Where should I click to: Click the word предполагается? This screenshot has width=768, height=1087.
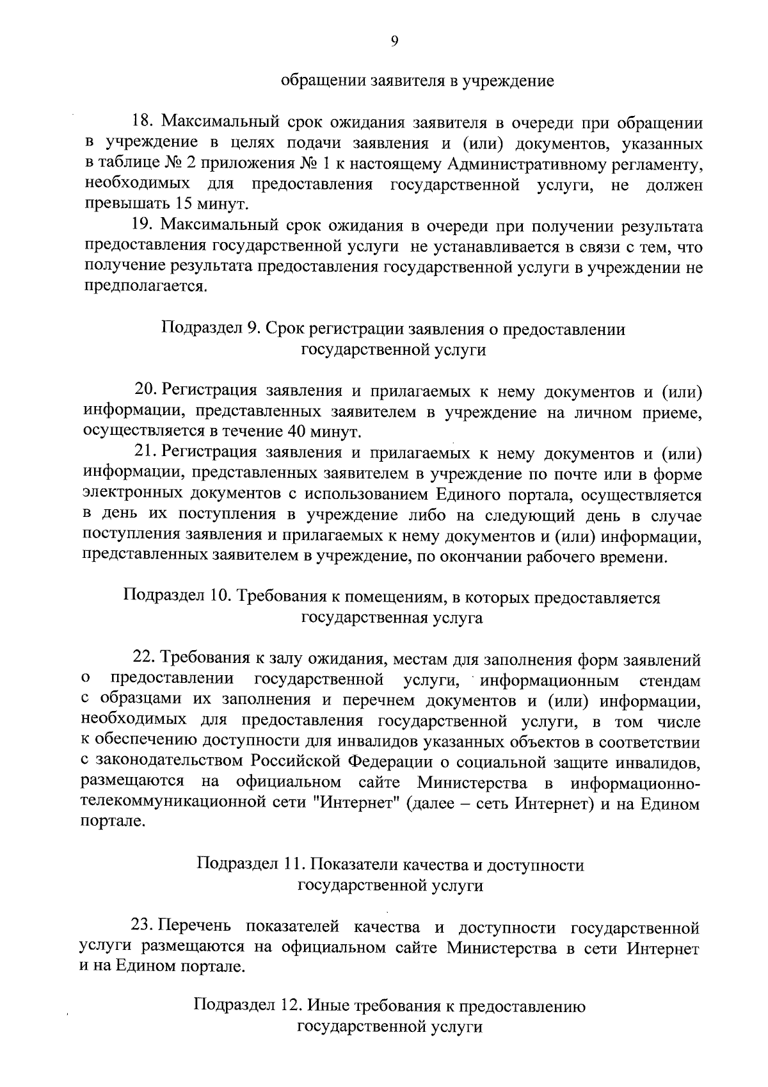tap(146, 287)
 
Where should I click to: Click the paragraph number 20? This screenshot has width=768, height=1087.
tap(145, 390)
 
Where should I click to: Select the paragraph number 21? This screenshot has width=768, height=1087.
tap(145, 453)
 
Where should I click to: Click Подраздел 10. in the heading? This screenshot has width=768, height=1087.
tap(177, 597)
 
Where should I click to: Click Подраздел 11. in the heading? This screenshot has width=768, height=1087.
tap(250, 865)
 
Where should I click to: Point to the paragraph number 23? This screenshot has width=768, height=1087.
tap(142, 926)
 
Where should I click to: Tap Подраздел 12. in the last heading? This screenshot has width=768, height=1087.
tap(248, 1006)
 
